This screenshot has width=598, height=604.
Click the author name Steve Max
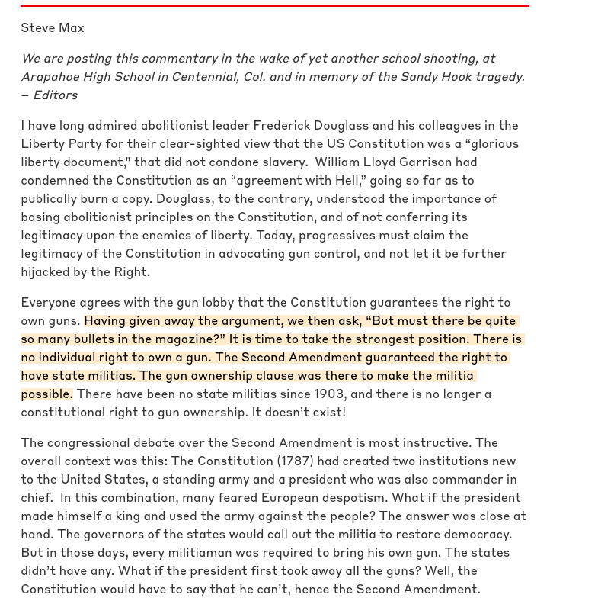pyautogui.click(x=53, y=28)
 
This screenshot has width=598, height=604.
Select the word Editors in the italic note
pyautogui.click(x=55, y=95)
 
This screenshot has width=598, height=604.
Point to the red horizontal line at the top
pyautogui.click(x=274, y=6)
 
